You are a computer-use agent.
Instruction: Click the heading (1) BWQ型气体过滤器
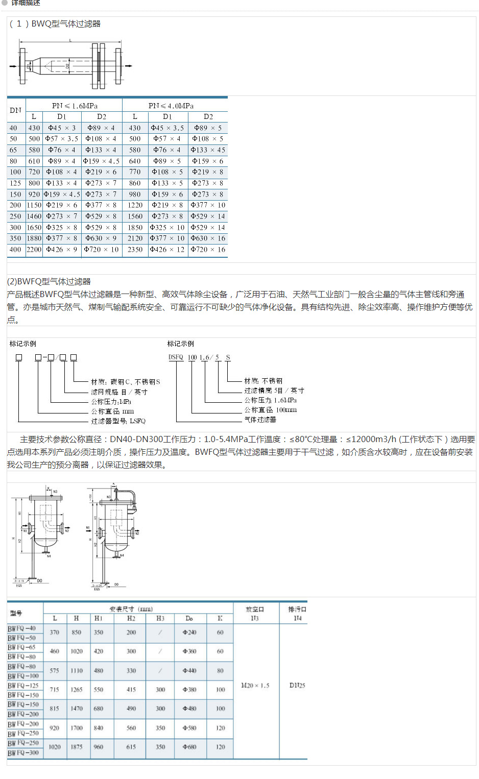click(55, 24)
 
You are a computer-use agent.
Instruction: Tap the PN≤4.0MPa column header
click(171, 106)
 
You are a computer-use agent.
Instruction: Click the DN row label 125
click(16, 183)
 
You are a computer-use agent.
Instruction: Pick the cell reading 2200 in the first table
click(34, 250)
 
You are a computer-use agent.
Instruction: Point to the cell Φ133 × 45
click(208, 150)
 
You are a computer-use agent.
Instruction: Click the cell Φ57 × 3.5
click(62, 139)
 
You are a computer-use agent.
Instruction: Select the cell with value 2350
click(135, 250)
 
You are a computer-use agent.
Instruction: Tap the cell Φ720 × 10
click(102, 250)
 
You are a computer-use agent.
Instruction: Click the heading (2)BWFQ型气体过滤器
click(49, 281)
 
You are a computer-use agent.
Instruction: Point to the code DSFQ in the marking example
click(176, 357)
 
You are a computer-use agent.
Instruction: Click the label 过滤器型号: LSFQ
click(118, 421)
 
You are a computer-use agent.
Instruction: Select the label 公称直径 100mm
click(270, 410)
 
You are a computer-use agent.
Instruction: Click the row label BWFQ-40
click(22, 628)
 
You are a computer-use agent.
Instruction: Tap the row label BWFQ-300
click(23, 753)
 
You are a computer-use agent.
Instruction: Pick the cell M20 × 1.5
click(255, 686)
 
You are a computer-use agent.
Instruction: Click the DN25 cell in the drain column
click(297, 686)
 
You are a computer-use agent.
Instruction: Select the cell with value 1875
click(77, 747)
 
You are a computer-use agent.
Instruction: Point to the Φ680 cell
click(189, 747)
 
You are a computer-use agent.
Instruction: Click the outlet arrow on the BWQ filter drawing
click(129, 66)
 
